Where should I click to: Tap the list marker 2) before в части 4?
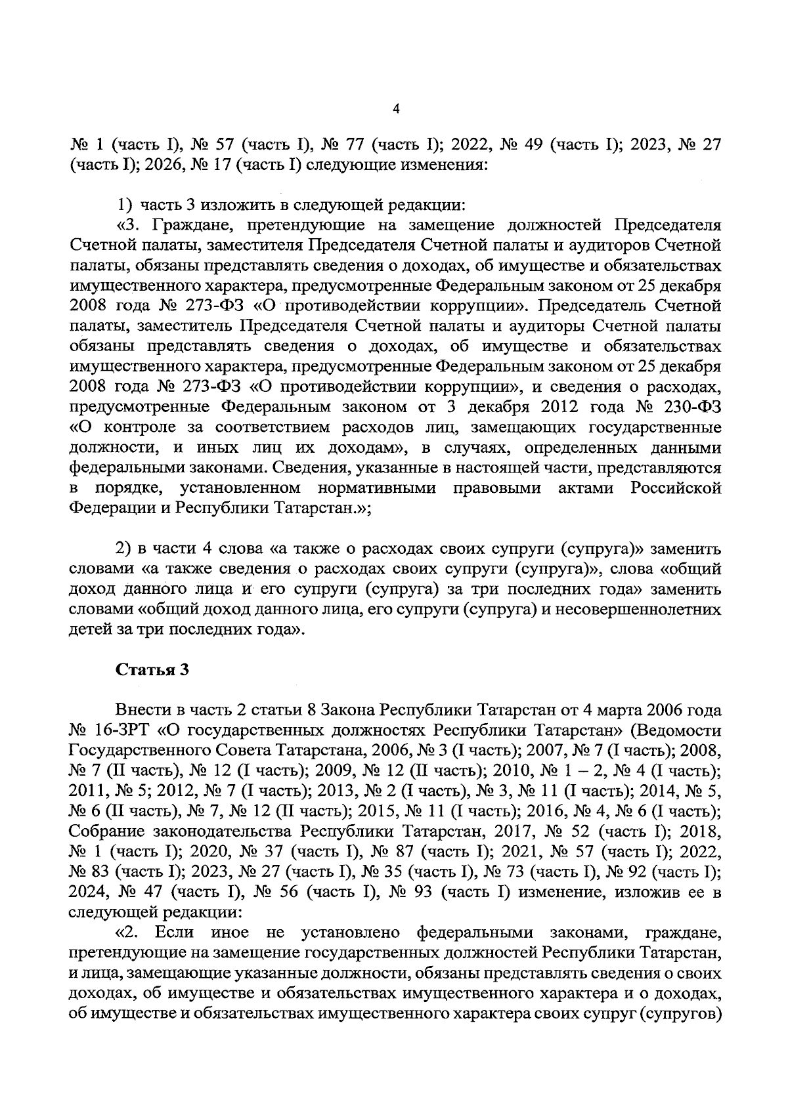pyautogui.click(x=125, y=549)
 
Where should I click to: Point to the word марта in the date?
pyautogui.click(x=619, y=710)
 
